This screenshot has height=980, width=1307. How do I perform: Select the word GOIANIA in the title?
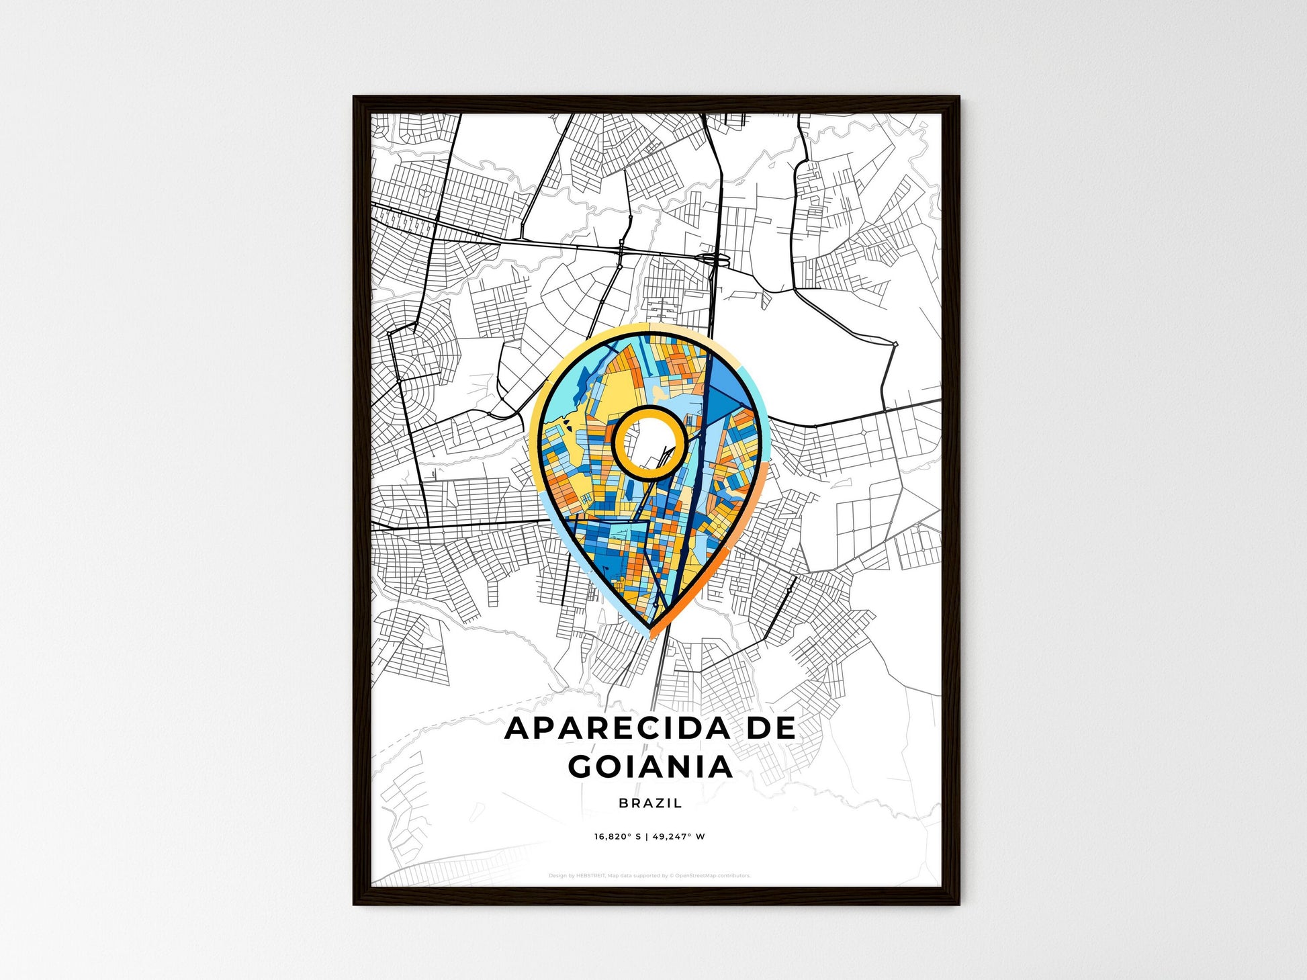tap(650, 766)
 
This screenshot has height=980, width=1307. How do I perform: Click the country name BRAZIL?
tap(650, 803)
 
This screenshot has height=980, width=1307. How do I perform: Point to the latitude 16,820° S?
tap(617, 837)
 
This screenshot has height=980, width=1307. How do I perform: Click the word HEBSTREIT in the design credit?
tap(591, 876)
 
